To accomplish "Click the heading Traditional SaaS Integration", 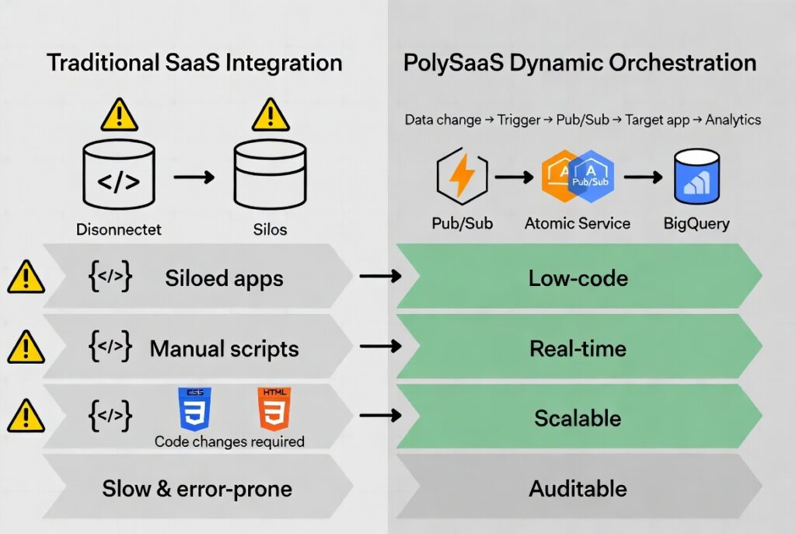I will tap(194, 63).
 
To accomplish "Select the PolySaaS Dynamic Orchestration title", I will tap(579, 63).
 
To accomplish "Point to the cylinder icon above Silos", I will tap(270, 178).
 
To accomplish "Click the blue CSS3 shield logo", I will tap(194, 409).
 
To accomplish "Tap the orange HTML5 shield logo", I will tap(272, 409).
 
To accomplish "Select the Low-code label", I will tap(578, 277).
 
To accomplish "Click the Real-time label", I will tap(578, 348).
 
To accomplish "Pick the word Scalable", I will tap(578, 418).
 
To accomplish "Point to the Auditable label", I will tap(578, 489).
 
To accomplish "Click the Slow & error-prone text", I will tap(197, 489).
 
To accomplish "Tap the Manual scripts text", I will tap(224, 348).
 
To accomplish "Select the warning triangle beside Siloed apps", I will tap(26, 277).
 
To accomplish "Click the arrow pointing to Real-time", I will tap(381, 347).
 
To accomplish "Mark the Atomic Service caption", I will tap(578, 224).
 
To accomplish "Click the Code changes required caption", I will tap(229, 442).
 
